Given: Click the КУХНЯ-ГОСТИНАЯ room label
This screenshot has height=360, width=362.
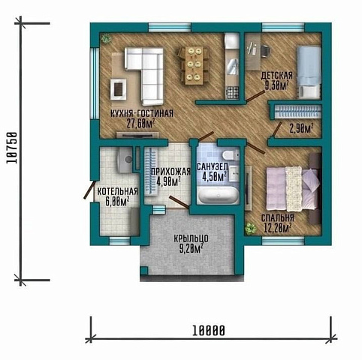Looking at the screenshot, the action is click(x=142, y=114).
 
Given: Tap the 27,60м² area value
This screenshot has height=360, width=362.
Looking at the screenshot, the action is click(x=140, y=124).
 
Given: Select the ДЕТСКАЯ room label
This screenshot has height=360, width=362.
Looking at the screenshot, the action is click(x=276, y=76).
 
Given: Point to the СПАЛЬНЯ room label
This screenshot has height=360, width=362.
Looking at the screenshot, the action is click(x=278, y=218).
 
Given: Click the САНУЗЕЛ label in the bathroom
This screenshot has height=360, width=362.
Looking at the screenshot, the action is click(x=213, y=166).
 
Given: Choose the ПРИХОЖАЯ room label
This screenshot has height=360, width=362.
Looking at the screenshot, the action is click(x=171, y=172).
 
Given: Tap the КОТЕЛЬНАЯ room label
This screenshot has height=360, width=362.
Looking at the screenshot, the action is click(x=117, y=191).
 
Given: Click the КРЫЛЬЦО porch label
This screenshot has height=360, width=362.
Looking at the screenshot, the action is click(x=191, y=238).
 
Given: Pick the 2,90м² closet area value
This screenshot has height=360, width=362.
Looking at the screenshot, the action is click(x=301, y=129).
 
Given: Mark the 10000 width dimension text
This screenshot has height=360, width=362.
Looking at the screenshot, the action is click(x=209, y=331).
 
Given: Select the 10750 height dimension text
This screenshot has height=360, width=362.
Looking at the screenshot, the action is click(x=12, y=148).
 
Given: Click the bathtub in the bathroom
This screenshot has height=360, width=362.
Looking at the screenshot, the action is click(x=218, y=195).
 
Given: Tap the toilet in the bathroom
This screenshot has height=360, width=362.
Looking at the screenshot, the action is click(x=231, y=155).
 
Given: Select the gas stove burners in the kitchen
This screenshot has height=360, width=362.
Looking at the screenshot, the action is click(x=232, y=92).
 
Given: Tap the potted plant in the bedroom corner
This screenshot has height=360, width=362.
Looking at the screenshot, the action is click(x=251, y=228).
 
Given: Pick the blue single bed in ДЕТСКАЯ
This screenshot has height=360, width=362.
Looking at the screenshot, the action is click(x=309, y=73).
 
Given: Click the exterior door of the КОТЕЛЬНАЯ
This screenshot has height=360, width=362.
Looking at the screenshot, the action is click(x=89, y=190).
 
